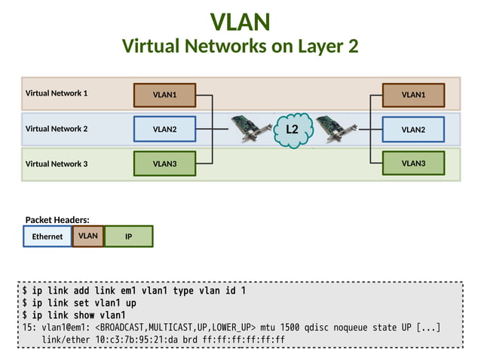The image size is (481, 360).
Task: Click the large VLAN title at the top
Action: [x=240, y=21]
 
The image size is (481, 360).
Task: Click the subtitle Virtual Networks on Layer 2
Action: [x=240, y=47]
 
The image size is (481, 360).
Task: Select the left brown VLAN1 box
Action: [x=164, y=95]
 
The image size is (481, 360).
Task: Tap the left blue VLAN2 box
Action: [x=164, y=129]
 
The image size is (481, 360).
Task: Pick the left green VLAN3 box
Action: [x=164, y=163]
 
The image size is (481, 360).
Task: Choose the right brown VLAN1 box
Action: [x=413, y=95]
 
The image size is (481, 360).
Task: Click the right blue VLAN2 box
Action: [x=413, y=129]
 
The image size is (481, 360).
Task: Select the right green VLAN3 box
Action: [x=413, y=163]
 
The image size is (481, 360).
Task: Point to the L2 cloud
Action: [x=292, y=130]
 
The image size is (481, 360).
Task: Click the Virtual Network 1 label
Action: [x=57, y=93]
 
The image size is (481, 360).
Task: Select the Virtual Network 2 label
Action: [x=57, y=128]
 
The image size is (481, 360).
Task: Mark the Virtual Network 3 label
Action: [x=57, y=163]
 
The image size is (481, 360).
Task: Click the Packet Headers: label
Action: [x=57, y=219]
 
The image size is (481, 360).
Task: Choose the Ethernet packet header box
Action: [x=47, y=236]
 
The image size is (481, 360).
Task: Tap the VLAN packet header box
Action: [x=88, y=236]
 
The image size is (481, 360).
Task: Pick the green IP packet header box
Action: [x=129, y=236]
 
